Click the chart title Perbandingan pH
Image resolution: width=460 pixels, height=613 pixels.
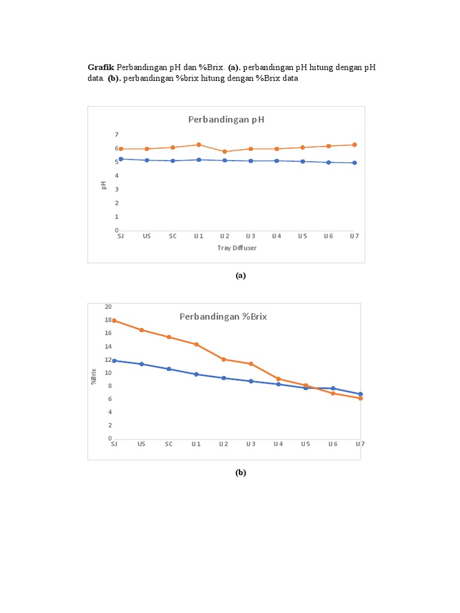tap(226, 119)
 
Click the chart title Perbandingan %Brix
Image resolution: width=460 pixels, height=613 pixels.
tap(223, 317)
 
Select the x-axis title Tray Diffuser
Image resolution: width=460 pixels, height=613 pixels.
tap(237, 248)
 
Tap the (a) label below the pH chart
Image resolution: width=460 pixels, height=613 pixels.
tap(240, 275)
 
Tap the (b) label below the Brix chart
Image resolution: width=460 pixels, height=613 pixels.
tap(240, 472)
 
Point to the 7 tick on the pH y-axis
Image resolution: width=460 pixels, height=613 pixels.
tap(117, 135)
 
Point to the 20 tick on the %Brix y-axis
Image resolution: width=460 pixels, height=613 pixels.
tap(108, 306)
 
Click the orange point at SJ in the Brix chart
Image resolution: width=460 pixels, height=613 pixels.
tap(114, 320)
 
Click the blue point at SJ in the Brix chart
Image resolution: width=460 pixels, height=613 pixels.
tap(114, 360)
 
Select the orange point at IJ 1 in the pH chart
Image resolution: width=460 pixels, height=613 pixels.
tap(199, 145)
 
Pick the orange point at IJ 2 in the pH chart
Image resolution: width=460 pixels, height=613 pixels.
tap(225, 151)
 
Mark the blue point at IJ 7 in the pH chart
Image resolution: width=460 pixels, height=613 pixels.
tap(355, 163)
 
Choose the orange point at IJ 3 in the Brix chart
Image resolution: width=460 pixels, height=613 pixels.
tap(251, 363)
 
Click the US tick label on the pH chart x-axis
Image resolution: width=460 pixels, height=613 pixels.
tap(147, 236)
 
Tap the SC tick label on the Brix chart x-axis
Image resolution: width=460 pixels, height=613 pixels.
tap(169, 444)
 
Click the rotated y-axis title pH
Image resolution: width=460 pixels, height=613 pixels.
tap(103, 186)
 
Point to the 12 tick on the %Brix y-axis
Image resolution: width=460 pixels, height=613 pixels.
tap(108, 359)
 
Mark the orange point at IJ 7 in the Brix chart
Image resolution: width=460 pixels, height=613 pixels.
tap(361, 398)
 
